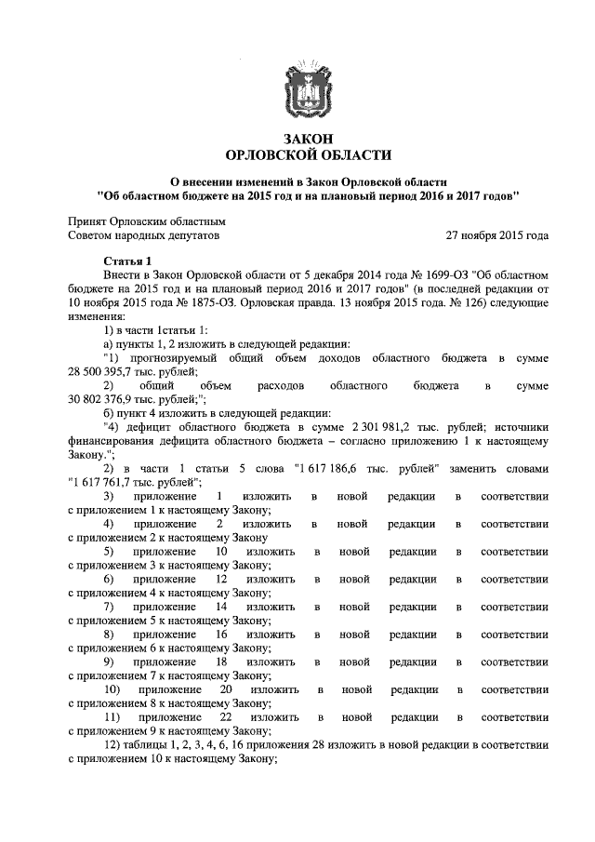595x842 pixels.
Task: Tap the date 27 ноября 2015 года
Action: click(x=496, y=236)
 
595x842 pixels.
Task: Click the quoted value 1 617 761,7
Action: click(x=108, y=481)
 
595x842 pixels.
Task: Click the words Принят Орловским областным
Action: click(x=147, y=221)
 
